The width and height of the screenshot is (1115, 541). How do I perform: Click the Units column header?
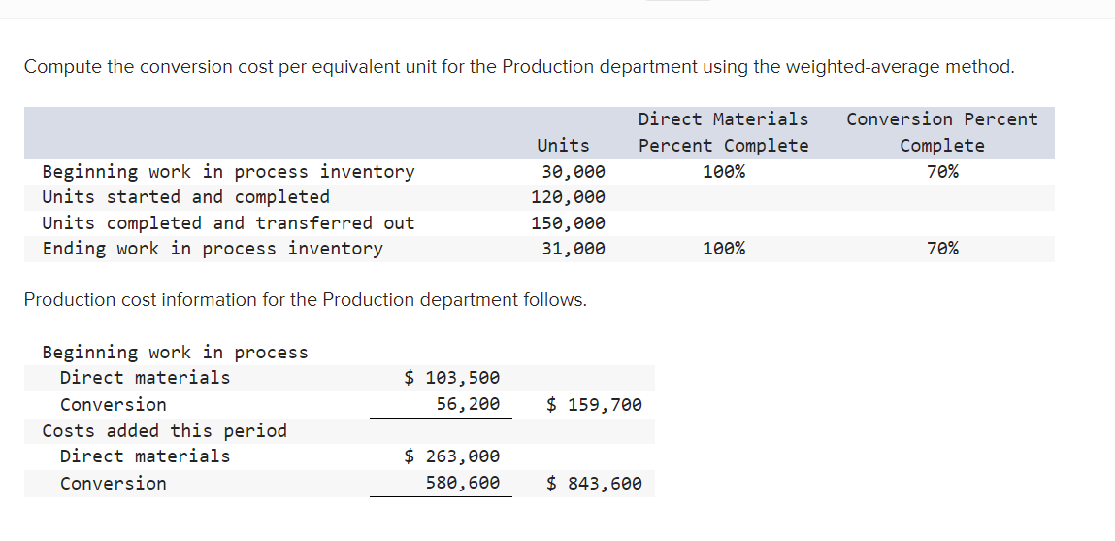563,146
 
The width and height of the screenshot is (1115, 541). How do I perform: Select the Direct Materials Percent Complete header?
723,132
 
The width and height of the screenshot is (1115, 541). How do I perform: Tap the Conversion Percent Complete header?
941,132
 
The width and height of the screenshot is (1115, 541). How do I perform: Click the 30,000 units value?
574,172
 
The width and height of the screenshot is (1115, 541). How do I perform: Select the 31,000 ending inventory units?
574,249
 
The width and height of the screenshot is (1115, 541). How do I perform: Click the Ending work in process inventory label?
213,249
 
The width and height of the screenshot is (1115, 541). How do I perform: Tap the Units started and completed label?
185,197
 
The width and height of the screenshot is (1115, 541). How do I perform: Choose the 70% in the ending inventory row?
942,249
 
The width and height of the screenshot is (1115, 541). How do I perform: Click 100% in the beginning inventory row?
724,172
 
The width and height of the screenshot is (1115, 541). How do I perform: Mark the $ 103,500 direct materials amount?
452,378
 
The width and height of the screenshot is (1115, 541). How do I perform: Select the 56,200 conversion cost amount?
468,404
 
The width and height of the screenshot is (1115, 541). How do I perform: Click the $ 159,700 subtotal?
594,404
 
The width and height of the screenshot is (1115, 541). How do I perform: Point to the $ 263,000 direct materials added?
452,456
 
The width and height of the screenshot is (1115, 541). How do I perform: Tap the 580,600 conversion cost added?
468,483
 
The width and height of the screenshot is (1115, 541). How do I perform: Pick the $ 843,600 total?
594,483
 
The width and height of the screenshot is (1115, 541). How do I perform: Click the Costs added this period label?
165,430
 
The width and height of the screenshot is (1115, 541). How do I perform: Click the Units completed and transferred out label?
228,223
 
